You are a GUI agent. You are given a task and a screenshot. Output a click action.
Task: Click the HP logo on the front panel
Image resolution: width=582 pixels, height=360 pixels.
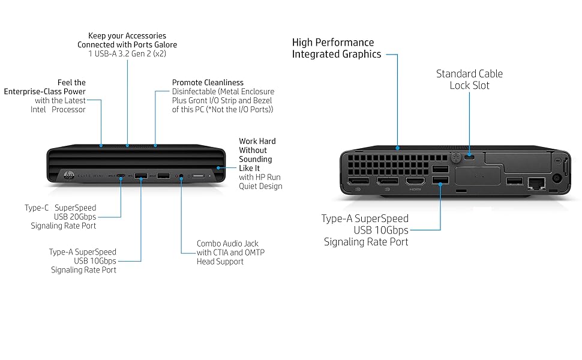click(x=69, y=175)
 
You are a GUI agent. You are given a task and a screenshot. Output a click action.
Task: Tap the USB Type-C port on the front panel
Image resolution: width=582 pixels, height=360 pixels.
click(x=121, y=175)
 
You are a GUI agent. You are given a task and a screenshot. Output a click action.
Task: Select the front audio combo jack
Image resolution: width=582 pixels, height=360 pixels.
click(x=181, y=176)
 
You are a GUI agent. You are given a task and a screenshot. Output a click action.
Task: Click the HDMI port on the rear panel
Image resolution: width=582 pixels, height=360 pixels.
click(x=415, y=181)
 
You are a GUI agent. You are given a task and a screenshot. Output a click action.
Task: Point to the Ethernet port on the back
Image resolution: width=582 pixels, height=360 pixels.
click(x=536, y=182)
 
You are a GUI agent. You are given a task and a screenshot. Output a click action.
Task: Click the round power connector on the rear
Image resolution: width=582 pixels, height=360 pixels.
click(x=556, y=178)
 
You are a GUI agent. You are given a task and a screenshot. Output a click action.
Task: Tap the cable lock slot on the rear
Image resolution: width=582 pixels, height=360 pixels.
click(x=470, y=157)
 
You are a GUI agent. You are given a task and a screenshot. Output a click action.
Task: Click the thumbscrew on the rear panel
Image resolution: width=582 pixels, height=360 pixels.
click(x=456, y=157)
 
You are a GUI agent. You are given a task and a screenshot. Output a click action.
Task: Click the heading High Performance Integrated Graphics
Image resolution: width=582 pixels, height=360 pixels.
click(x=337, y=48)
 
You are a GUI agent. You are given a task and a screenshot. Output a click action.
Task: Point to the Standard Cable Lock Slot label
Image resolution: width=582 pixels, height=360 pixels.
click(x=470, y=79)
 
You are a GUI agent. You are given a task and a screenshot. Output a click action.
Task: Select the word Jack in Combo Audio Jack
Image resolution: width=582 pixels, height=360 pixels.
click(x=251, y=244)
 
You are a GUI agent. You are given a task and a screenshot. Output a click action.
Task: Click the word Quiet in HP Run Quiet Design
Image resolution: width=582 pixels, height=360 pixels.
click(x=248, y=187)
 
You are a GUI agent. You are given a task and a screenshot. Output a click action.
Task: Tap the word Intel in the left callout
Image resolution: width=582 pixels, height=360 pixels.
click(x=38, y=109)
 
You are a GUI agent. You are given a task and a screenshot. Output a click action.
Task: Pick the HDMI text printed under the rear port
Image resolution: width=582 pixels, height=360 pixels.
click(x=415, y=189)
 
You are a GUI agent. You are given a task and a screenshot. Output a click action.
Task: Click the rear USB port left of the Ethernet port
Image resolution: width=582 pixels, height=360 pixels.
click(x=515, y=181)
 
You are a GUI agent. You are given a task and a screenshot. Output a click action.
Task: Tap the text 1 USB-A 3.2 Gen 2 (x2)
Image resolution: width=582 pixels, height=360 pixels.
click(x=127, y=53)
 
